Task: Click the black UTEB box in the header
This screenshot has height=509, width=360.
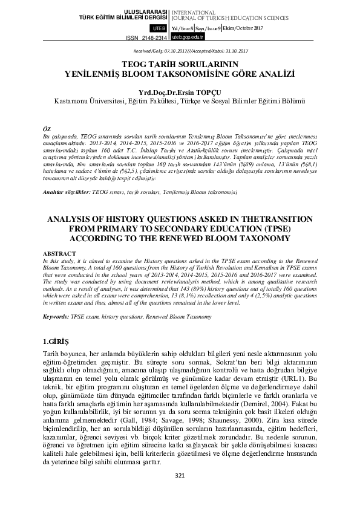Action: click(x=159, y=28)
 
